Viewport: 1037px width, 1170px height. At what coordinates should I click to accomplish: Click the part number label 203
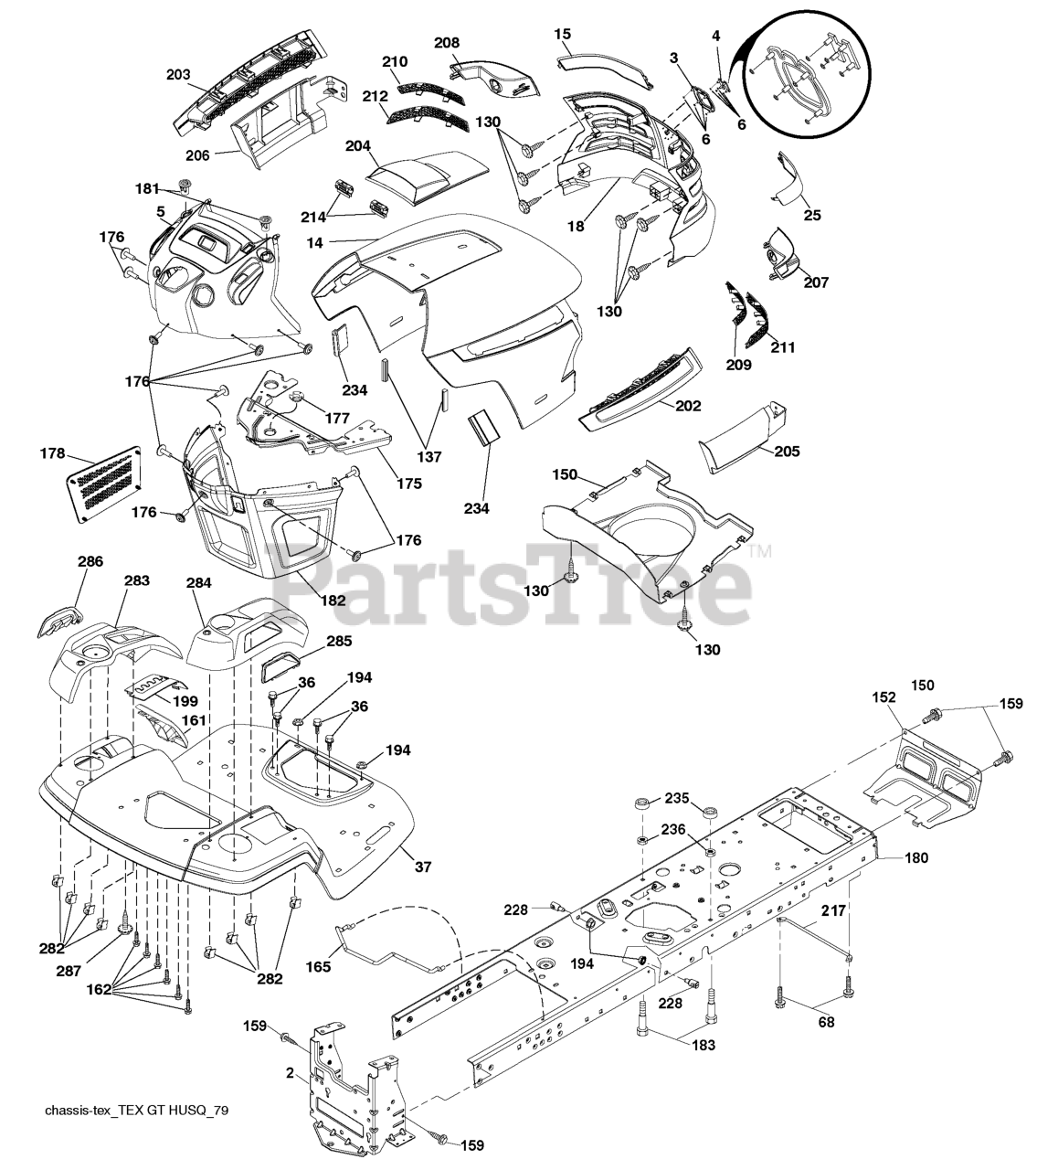pos(178,75)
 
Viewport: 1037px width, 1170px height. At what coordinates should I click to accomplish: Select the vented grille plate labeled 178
pos(104,484)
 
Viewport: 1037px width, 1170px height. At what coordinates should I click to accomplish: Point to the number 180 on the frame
pos(916,857)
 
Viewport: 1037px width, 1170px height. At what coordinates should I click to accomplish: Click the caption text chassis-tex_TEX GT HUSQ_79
pos(136,1111)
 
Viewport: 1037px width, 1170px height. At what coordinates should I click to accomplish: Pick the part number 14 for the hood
pos(314,243)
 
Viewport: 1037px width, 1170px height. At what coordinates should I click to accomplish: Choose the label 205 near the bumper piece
pos(788,451)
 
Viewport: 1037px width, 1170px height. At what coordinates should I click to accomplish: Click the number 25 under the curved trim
pos(812,216)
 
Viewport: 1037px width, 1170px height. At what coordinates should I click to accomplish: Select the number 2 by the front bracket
pos(290,1073)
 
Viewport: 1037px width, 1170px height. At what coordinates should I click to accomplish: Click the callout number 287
pos(69,971)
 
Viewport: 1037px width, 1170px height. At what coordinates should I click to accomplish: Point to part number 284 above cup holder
pos(198,582)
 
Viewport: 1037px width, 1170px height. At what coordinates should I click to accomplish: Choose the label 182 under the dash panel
pos(333,600)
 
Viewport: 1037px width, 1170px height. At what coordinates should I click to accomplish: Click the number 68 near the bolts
pos(826,1022)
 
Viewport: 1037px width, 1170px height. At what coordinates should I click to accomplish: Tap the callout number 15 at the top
pos(563,34)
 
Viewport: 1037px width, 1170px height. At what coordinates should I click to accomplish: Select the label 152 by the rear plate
pos(884,697)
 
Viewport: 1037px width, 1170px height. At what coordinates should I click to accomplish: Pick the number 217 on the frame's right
pos(833,910)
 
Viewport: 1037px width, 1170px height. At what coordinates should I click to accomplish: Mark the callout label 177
pos(337,418)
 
